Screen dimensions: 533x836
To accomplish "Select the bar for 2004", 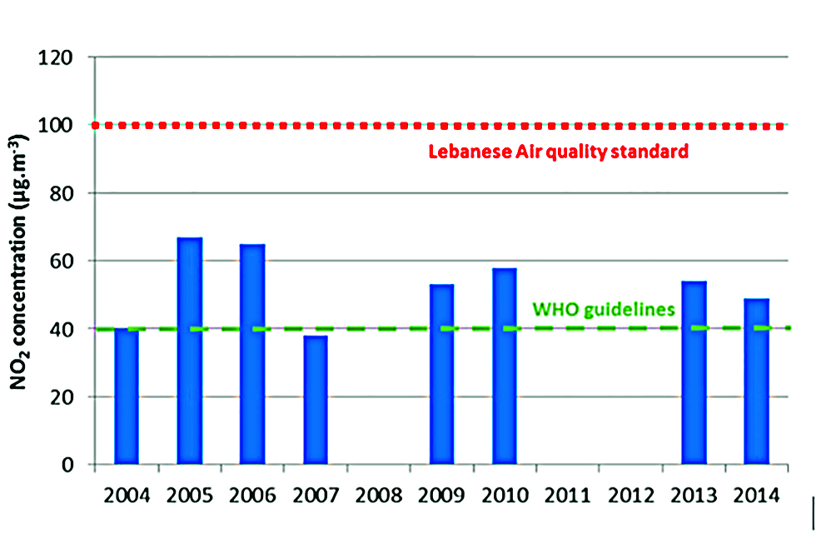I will (x=127, y=396).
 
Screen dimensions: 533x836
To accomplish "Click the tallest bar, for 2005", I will (x=190, y=351).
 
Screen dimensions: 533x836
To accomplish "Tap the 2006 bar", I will (x=252, y=354).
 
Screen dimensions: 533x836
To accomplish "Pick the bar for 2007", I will (x=316, y=400).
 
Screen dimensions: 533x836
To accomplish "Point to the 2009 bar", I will (x=442, y=374).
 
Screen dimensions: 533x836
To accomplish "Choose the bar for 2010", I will (x=505, y=366).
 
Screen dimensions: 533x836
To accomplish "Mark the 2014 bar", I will (x=756, y=381).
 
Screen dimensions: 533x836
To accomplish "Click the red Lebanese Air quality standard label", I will (x=558, y=152).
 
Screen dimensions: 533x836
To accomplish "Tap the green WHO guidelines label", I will (x=602, y=309).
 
